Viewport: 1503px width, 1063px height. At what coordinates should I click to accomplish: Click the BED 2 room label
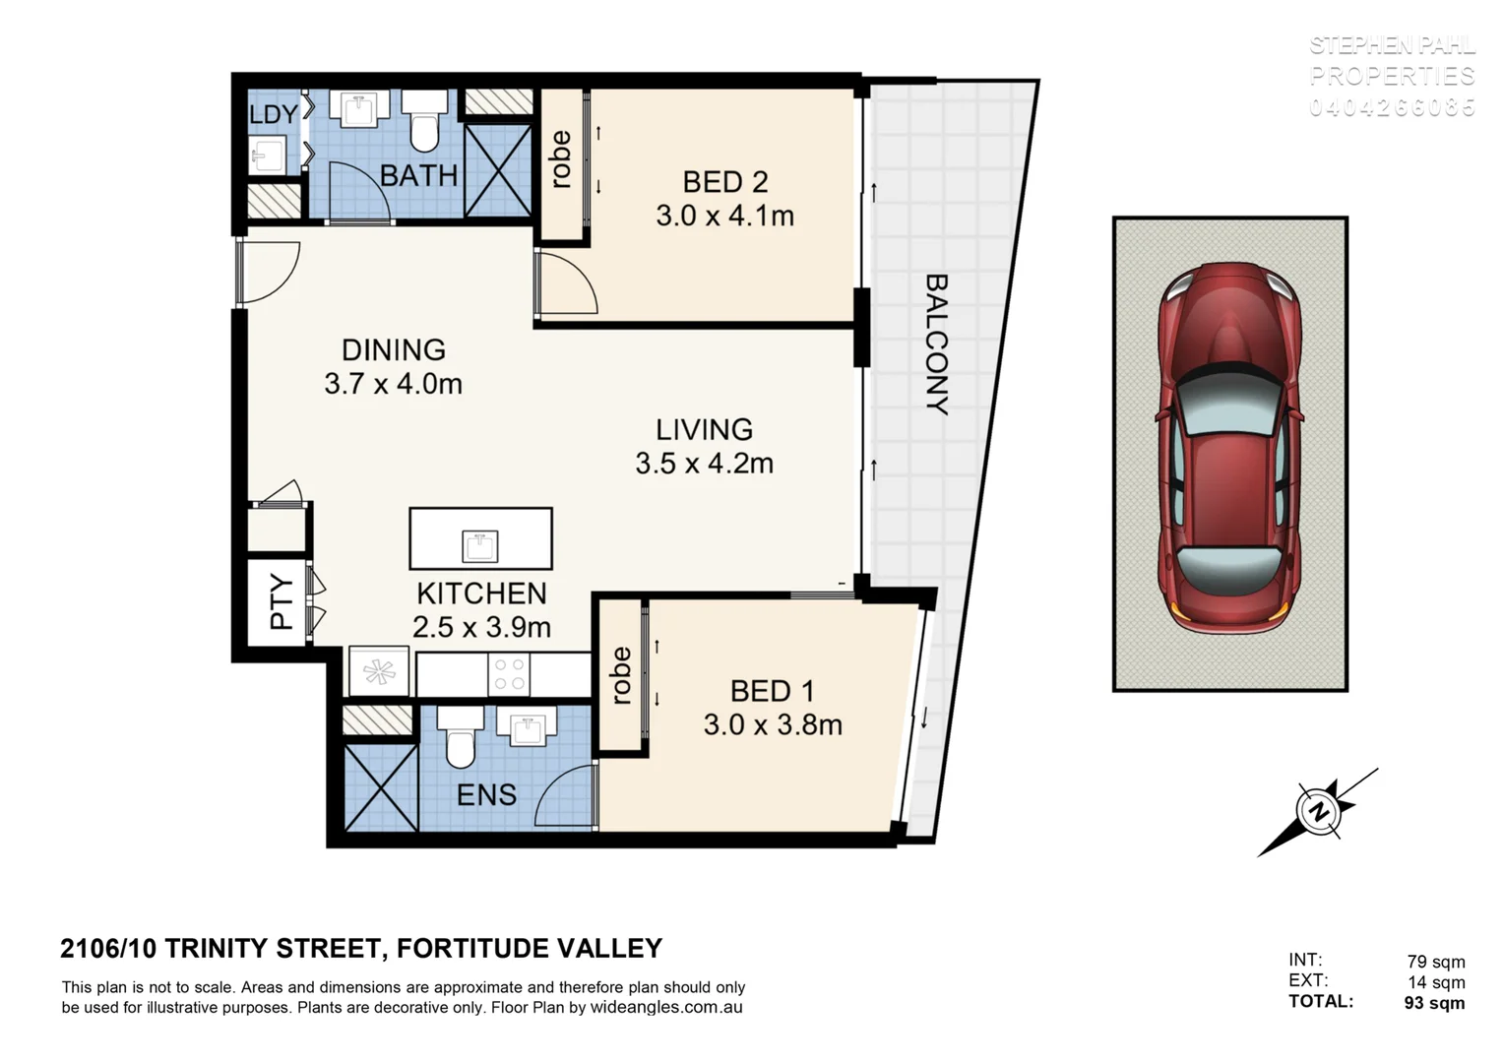(724, 182)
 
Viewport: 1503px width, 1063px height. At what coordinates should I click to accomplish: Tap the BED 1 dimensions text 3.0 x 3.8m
(772, 725)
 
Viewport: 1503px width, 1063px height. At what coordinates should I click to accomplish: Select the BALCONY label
(936, 344)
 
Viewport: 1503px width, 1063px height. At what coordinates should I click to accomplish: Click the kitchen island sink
(480, 544)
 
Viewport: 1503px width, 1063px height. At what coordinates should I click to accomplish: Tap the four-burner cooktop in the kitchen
(509, 674)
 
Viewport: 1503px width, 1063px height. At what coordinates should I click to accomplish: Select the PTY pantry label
(282, 601)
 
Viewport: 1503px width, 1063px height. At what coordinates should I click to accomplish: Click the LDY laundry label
(273, 114)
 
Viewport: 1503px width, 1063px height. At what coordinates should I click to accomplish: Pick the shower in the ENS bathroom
(381, 787)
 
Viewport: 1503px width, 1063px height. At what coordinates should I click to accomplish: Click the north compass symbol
(1318, 813)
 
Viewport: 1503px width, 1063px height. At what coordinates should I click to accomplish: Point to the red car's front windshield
(1230, 406)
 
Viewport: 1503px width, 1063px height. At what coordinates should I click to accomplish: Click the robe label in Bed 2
(561, 159)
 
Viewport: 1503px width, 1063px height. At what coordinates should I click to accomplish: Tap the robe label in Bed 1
(621, 675)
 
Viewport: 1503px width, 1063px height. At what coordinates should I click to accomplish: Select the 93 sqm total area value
(1433, 1003)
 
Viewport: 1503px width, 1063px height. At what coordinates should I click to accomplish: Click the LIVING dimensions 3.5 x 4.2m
(704, 463)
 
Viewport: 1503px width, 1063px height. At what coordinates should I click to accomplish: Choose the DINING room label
(393, 349)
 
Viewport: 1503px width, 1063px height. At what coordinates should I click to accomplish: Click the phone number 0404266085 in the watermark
(1392, 107)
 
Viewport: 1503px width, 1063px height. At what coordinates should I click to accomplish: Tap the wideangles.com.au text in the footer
(665, 1008)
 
